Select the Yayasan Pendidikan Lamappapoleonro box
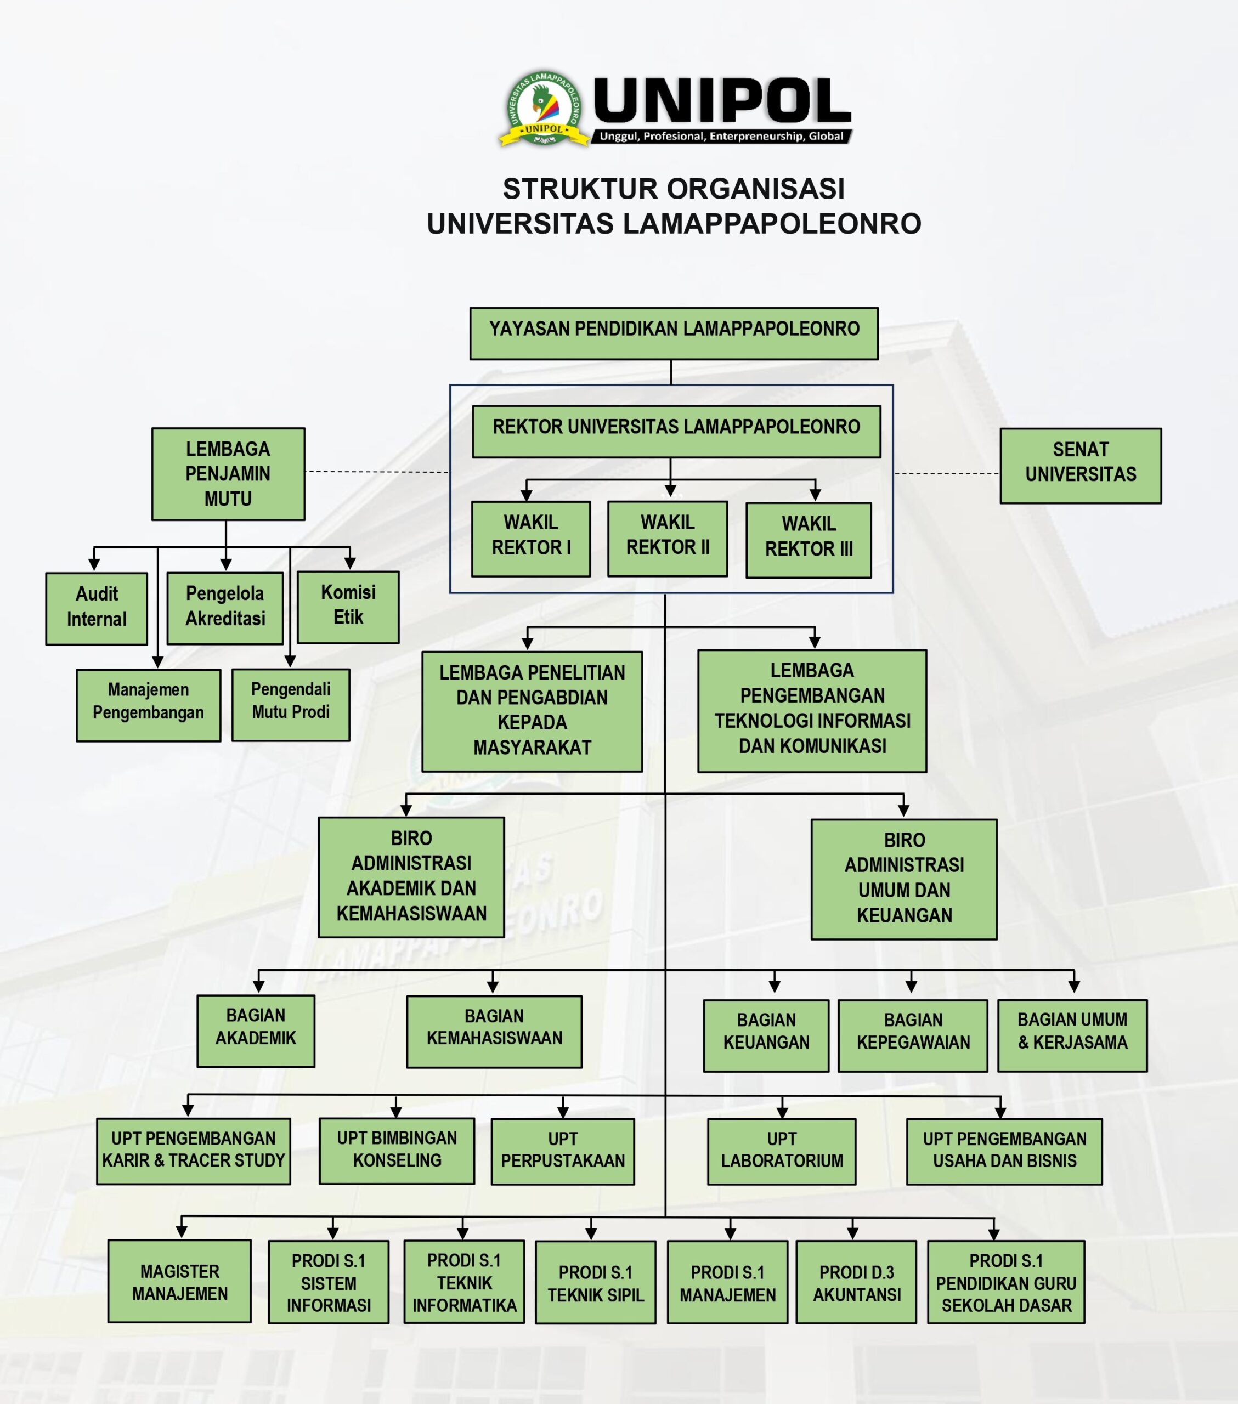click(x=673, y=333)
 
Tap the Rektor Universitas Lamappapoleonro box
click(x=676, y=432)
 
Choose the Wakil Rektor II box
click(x=667, y=539)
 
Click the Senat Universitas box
click(x=1080, y=466)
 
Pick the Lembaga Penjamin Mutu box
click(x=228, y=474)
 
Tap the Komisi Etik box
click(x=348, y=607)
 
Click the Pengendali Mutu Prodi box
click(x=291, y=705)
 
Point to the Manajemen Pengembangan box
click(x=149, y=705)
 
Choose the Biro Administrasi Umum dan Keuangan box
click(x=903, y=879)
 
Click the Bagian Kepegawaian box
click(x=912, y=1036)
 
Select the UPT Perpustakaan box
click(x=563, y=1152)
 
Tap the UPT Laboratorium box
click(x=781, y=1152)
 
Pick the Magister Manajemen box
click(x=179, y=1281)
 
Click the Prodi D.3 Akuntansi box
click(x=856, y=1282)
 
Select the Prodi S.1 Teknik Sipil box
click(x=595, y=1282)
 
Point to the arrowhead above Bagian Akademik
click(x=258, y=987)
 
